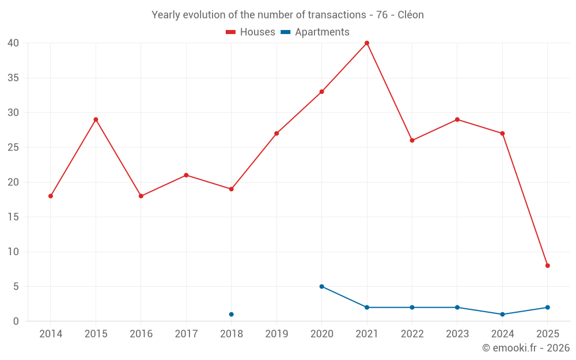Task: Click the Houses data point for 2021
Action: tap(367, 43)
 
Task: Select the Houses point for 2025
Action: tap(548, 266)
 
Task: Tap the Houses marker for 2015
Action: tap(96, 120)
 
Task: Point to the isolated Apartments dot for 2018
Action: tap(232, 314)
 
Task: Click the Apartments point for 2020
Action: tap(322, 286)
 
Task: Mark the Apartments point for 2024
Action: tap(502, 314)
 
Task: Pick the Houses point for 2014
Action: tap(51, 196)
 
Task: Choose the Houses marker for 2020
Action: tap(322, 92)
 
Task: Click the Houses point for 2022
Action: tap(412, 141)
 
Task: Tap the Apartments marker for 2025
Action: tap(548, 308)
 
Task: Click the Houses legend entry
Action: tap(251, 32)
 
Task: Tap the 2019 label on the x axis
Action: tap(276, 334)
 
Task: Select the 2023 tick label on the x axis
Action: tap(457, 334)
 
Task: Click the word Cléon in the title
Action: tap(411, 15)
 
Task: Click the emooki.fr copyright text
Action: tap(526, 348)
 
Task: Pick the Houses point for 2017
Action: tap(186, 175)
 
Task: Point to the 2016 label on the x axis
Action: tap(141, 334)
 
